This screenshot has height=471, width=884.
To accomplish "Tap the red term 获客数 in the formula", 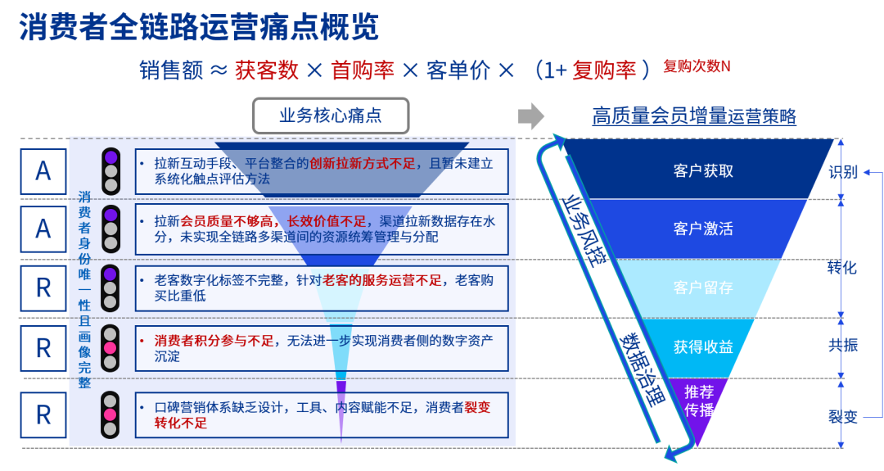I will coord(267,70).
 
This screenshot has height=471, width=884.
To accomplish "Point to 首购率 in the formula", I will coord(363,70).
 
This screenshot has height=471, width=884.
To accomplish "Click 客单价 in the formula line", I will coord(458,70).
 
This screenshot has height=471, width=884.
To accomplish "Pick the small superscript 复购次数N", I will coord(697,66).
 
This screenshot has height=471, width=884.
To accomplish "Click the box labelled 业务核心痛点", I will coord(330,115).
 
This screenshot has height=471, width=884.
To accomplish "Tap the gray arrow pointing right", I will coord(531,115).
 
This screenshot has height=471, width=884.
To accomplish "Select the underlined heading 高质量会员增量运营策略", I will coord(694,116).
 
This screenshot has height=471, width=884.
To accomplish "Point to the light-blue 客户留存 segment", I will coord(703,288).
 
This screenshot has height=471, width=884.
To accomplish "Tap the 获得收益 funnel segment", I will coord(703,346).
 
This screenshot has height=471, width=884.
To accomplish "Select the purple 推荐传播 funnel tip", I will coord(699,401).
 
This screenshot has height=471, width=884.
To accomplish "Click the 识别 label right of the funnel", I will coord(842,172).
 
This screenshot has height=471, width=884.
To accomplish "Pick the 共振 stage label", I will coord(842,345).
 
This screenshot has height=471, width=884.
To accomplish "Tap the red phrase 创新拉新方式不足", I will coord(363,163).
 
